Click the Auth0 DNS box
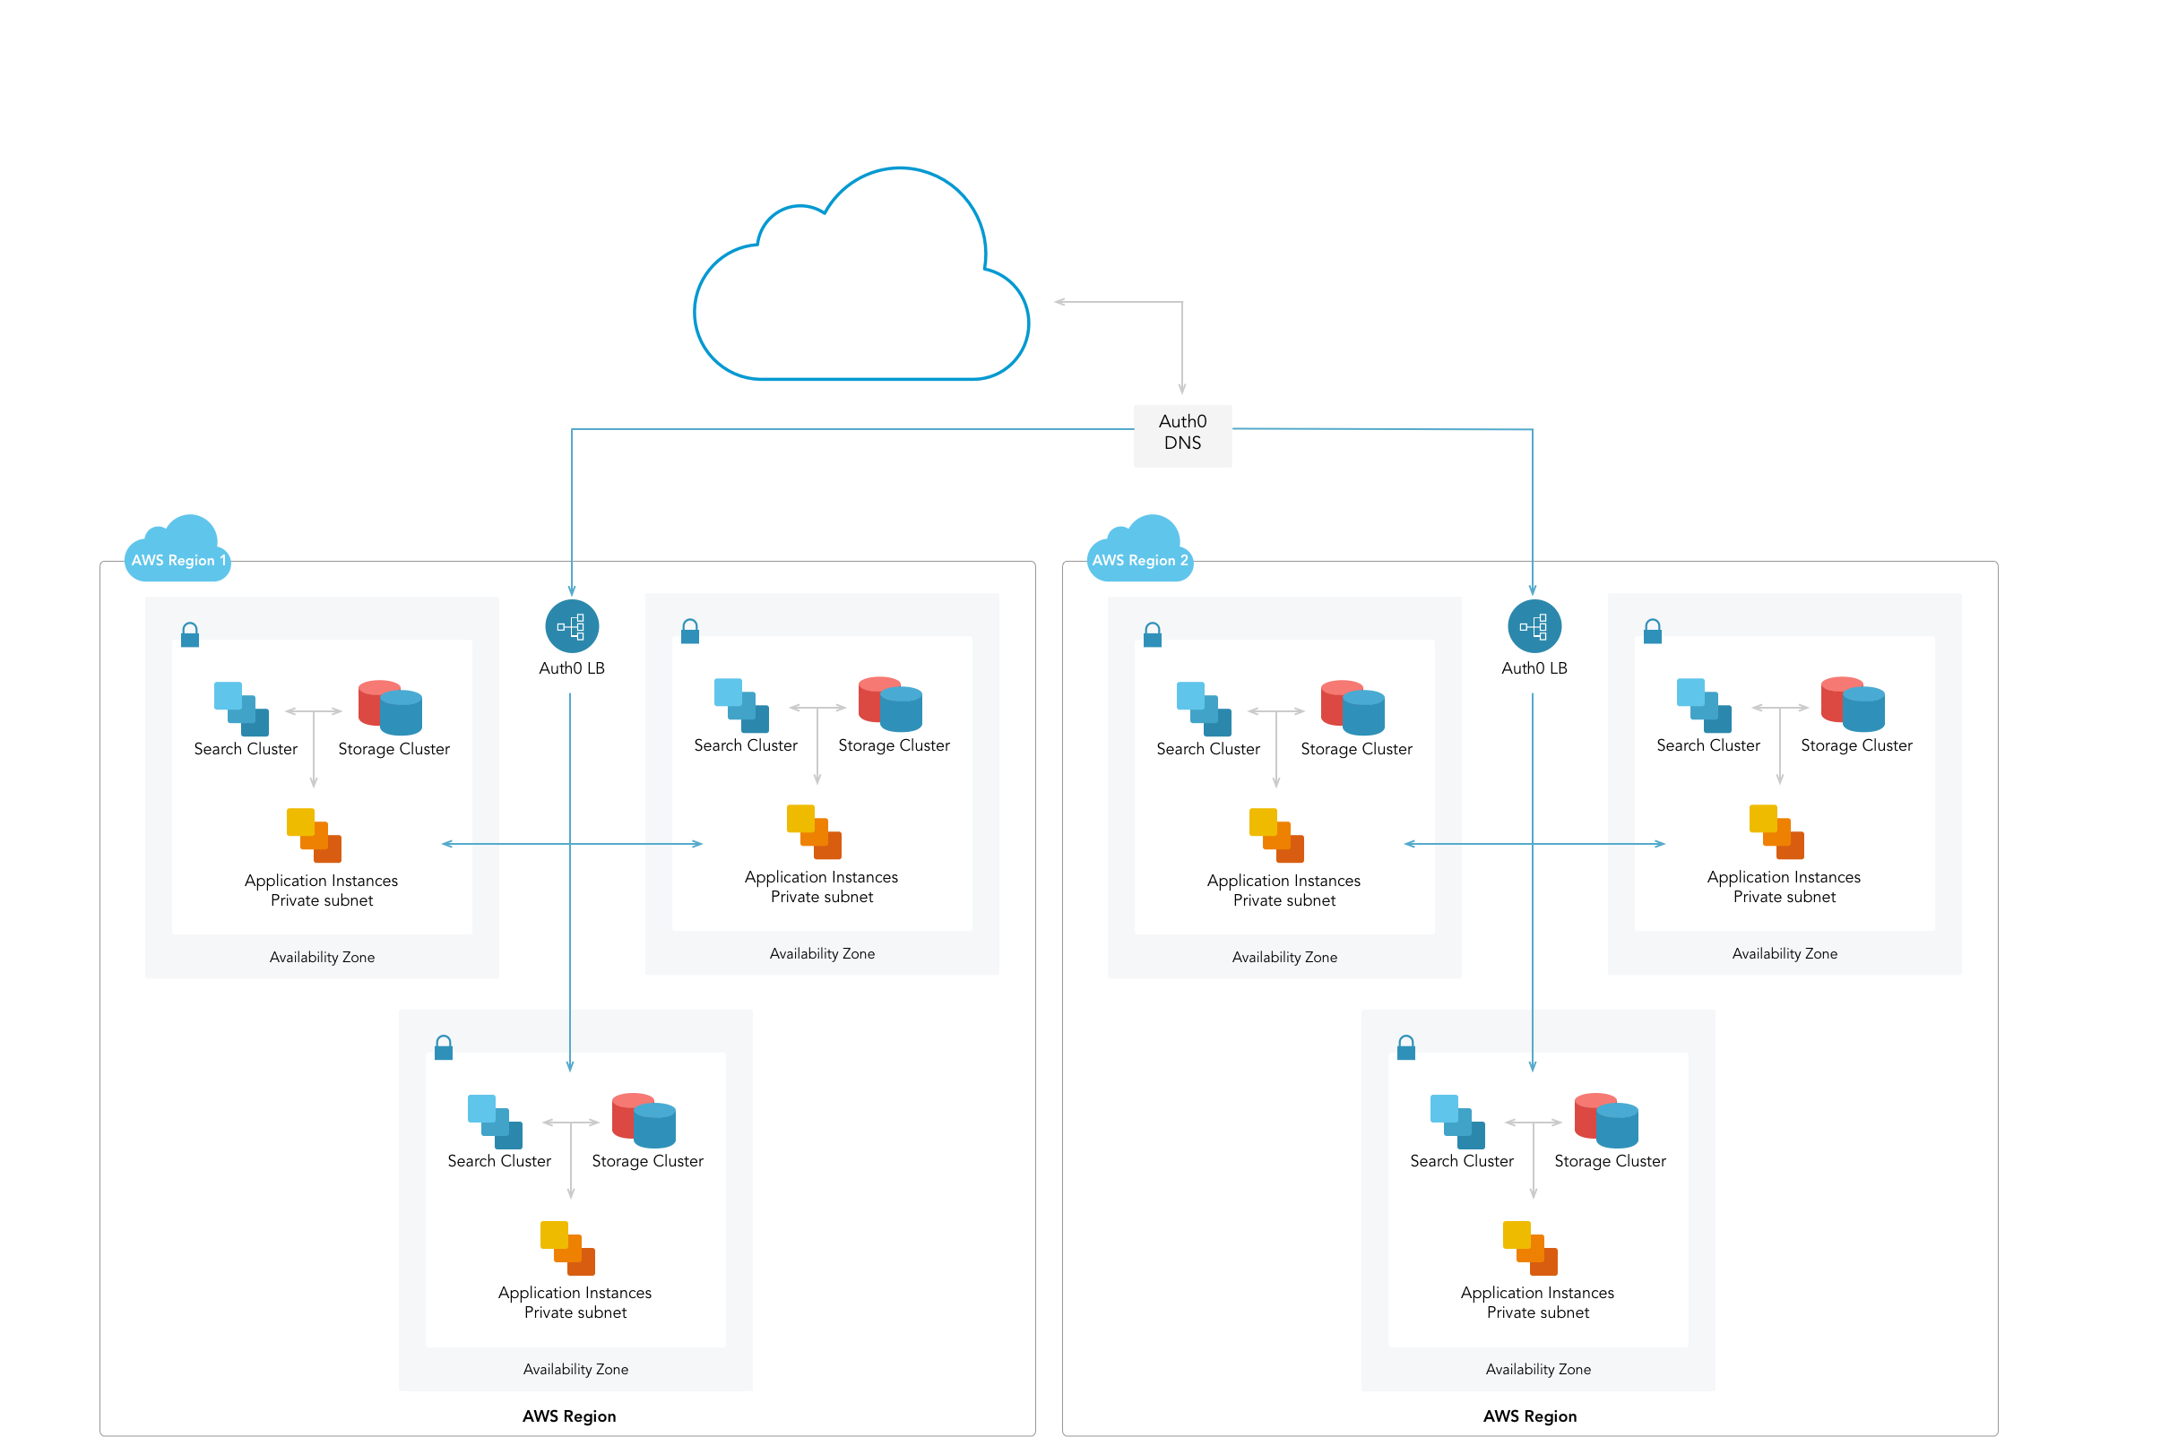(x=1183, y=434)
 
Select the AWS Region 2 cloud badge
(x=1140, y=553)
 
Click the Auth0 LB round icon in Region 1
(x=572, y=627)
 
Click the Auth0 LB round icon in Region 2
(x=1534, y=627)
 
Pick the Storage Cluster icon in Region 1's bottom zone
(x=644, y=1120)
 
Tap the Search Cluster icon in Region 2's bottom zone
(x=1457, y=1121)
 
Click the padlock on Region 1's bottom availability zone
(x=444, y=1048)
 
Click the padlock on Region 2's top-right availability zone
(x=1652, y=632)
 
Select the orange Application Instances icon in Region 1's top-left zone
(x=314, y=835)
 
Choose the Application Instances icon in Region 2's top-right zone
(x=1776, y=830)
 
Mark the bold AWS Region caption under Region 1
(x=568, y=1416)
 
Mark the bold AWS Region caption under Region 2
(x=1530, y=1416)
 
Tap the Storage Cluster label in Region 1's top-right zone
(x=894, y=745)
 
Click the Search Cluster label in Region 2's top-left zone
(x=1207, y=749)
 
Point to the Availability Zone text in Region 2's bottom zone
(x=1538, y=1369)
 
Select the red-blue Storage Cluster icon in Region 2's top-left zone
(x=1353, y=708)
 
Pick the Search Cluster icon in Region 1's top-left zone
(x=241, y=709)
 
